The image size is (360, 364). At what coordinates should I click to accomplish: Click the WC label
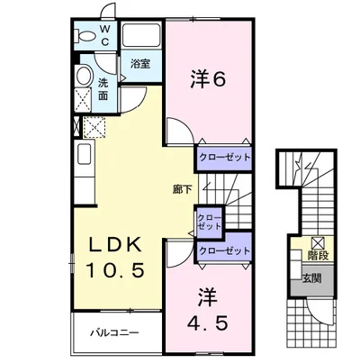pyautogui.click(x=104, y=36)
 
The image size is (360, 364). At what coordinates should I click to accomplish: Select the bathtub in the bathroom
pyautogui.click(x=141, y=35)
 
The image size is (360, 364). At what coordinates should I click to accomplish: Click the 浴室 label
pyautogui.click(x=140, y=64)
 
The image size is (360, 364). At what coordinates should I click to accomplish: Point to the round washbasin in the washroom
pyautogui.click(x=84, y=76)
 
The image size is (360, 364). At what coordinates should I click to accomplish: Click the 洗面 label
pyautogui.click(x=103, y=89)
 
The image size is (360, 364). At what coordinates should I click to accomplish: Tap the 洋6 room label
pyautogui.click(x=207, y=79)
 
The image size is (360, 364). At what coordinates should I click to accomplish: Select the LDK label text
pyautogui.click(x=115, y=246)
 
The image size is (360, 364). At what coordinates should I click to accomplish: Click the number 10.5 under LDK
pyautogui.click(x=115, y=269)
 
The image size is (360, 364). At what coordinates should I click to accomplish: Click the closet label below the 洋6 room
pyautogui.click(x=225, y=157)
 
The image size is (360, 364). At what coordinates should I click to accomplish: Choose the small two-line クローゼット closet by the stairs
pyautogui.click(x=210, y=222)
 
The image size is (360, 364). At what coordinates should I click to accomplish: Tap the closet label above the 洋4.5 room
pyautogui.click(x=225, y=250)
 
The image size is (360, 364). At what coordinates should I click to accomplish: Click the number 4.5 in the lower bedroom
pyautogui.click(x=208, y=323)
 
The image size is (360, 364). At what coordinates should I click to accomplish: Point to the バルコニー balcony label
pyautogui.click(x=115, y=332)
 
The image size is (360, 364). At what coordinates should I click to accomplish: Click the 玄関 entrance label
pyautogui.click(x=311, y=278)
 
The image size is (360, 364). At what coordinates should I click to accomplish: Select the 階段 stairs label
pyautogui.click(x=319, y=256)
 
